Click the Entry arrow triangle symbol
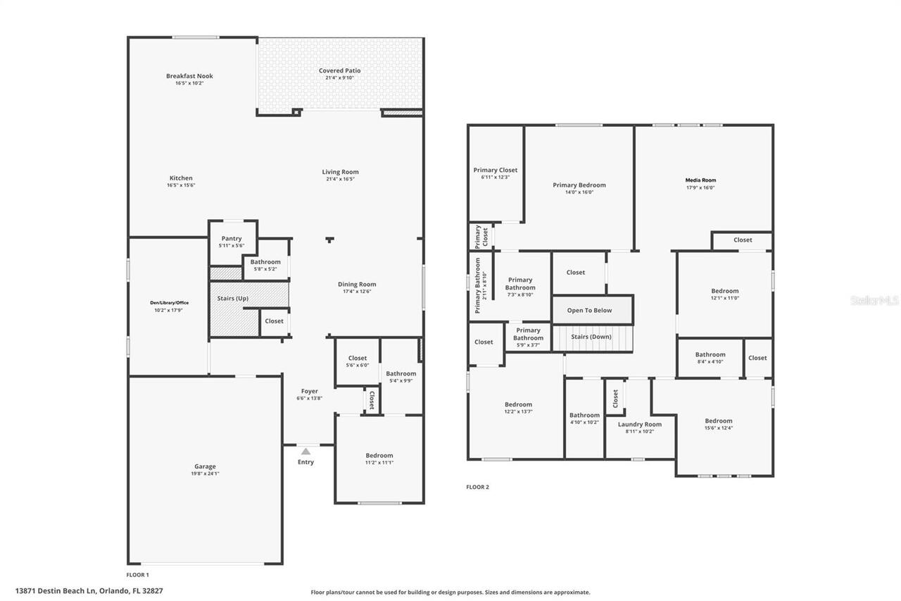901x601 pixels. point(305,451)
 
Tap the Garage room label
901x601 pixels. point(205,466)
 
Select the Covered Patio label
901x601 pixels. point(339,70)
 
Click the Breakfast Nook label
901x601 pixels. point(189,76)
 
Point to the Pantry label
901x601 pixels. point(232,239)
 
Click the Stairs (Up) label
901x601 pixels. point(232,299)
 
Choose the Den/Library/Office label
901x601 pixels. point(169,303)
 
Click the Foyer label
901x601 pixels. point(310,391)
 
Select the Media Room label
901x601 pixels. point(700,180)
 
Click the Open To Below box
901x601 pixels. point(590,310)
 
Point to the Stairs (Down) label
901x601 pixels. point(591,337)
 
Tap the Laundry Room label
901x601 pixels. point(640,424)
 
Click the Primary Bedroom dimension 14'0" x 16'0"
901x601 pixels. point(579,192)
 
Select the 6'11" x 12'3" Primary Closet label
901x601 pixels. point(495,170)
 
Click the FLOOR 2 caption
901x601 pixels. point(477,487)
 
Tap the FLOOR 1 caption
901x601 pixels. point(138,575)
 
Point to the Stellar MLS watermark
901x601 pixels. point(874,300)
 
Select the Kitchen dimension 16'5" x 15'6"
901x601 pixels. point(181,185)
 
